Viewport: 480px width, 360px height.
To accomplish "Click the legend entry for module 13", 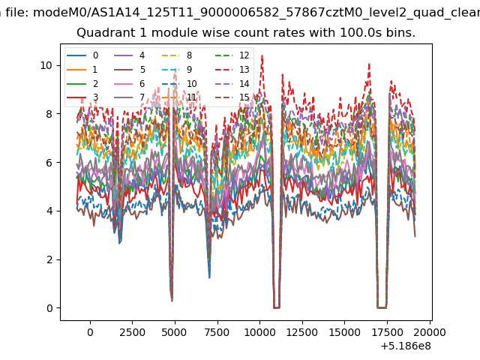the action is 232,70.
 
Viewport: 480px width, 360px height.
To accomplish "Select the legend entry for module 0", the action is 82,55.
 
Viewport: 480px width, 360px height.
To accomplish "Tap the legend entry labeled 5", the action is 130,70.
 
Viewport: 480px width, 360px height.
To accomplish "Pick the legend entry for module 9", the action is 177,70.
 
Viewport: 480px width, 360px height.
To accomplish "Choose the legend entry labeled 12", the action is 232,55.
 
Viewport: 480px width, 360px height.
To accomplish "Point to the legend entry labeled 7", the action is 130,97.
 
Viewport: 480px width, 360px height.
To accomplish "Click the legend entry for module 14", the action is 232,83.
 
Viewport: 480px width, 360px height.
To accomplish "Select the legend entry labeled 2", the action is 82,83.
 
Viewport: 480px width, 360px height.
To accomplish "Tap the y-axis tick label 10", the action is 46,65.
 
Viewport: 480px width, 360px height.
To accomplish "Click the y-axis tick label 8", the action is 49,114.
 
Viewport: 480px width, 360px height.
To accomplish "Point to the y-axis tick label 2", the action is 49,259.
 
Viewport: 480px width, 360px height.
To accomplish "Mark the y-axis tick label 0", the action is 49,308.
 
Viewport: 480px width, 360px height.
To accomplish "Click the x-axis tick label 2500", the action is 132,332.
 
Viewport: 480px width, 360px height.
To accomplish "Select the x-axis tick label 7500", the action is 217,332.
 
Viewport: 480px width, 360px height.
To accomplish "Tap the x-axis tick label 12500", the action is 301,332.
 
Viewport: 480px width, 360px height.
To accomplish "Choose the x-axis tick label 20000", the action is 430,332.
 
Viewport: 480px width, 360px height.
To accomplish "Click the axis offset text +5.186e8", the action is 406,346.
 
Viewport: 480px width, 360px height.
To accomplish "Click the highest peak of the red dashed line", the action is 262,56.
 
